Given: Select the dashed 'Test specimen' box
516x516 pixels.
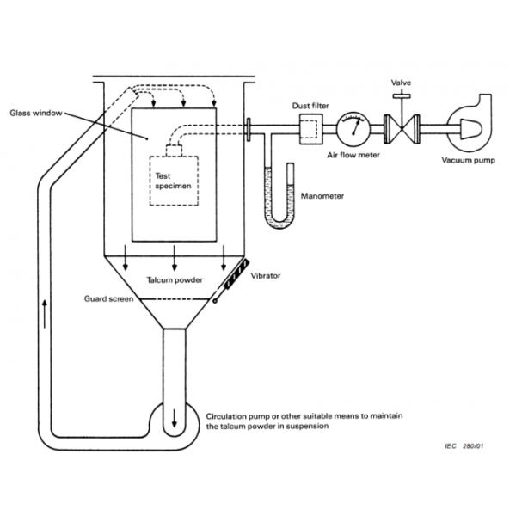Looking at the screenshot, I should pos(175,181).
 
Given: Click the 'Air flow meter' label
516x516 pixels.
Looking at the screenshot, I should pos(353,156).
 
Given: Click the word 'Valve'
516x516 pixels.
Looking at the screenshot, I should pos(402,83).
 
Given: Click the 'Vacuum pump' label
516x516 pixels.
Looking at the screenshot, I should pos(469,160).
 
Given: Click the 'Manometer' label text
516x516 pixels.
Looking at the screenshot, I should pos(322,196).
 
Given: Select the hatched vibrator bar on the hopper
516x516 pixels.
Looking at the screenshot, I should pos(232,280).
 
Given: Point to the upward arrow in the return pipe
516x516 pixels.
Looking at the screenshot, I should pos(46,314).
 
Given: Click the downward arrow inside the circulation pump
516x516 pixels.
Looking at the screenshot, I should pos(175,420).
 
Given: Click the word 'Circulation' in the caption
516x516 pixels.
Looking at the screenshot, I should pos(230,415).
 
